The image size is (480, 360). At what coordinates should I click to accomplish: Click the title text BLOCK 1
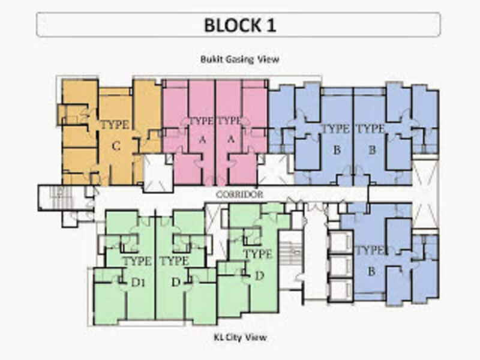point(239,25)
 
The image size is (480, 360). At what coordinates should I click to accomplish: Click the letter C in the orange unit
point(116,145)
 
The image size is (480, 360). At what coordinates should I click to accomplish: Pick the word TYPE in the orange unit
point(115,125)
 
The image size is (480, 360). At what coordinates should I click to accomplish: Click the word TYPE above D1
point(137,262)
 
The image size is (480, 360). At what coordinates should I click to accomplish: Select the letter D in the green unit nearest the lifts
point(259,275)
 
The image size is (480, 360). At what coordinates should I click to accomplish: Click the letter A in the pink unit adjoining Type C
point(202,140)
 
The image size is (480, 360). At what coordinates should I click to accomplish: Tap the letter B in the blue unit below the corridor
point(371,271)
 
